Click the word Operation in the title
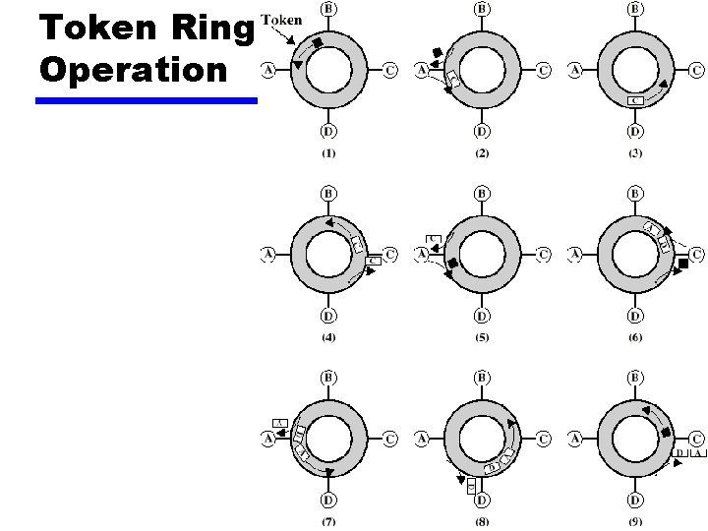pos(134,71)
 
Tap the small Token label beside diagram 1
pos(281,21)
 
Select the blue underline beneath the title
pos(146,100)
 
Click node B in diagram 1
pos(328,9)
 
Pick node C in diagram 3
pos(695,70)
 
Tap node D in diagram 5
pos(482,316)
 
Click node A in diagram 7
pos(268,439)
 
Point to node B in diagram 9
pos(636,377)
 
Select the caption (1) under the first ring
pos(327,152)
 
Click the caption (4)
pos(327,337)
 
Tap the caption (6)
pos(635,337)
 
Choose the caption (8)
pos(482,521)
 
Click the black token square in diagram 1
pos(318,43)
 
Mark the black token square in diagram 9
pos(667,433)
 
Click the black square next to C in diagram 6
pos(682,264)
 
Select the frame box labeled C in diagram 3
pos(635,100)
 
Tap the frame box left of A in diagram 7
pos(279,423)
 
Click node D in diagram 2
pos(482,131)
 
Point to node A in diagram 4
pos(268,255)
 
